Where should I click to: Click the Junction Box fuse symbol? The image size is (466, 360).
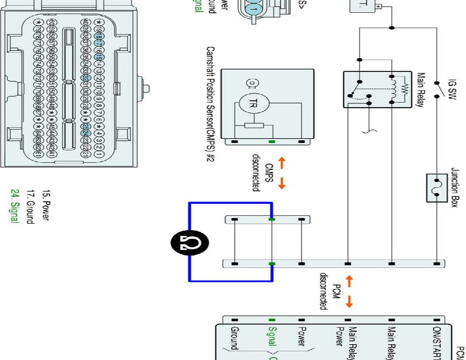(437, 188)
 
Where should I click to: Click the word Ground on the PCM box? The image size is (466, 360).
(235, 338)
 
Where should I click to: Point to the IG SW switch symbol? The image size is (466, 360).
(436, 90)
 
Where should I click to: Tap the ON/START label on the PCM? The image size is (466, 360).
(437, 340)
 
